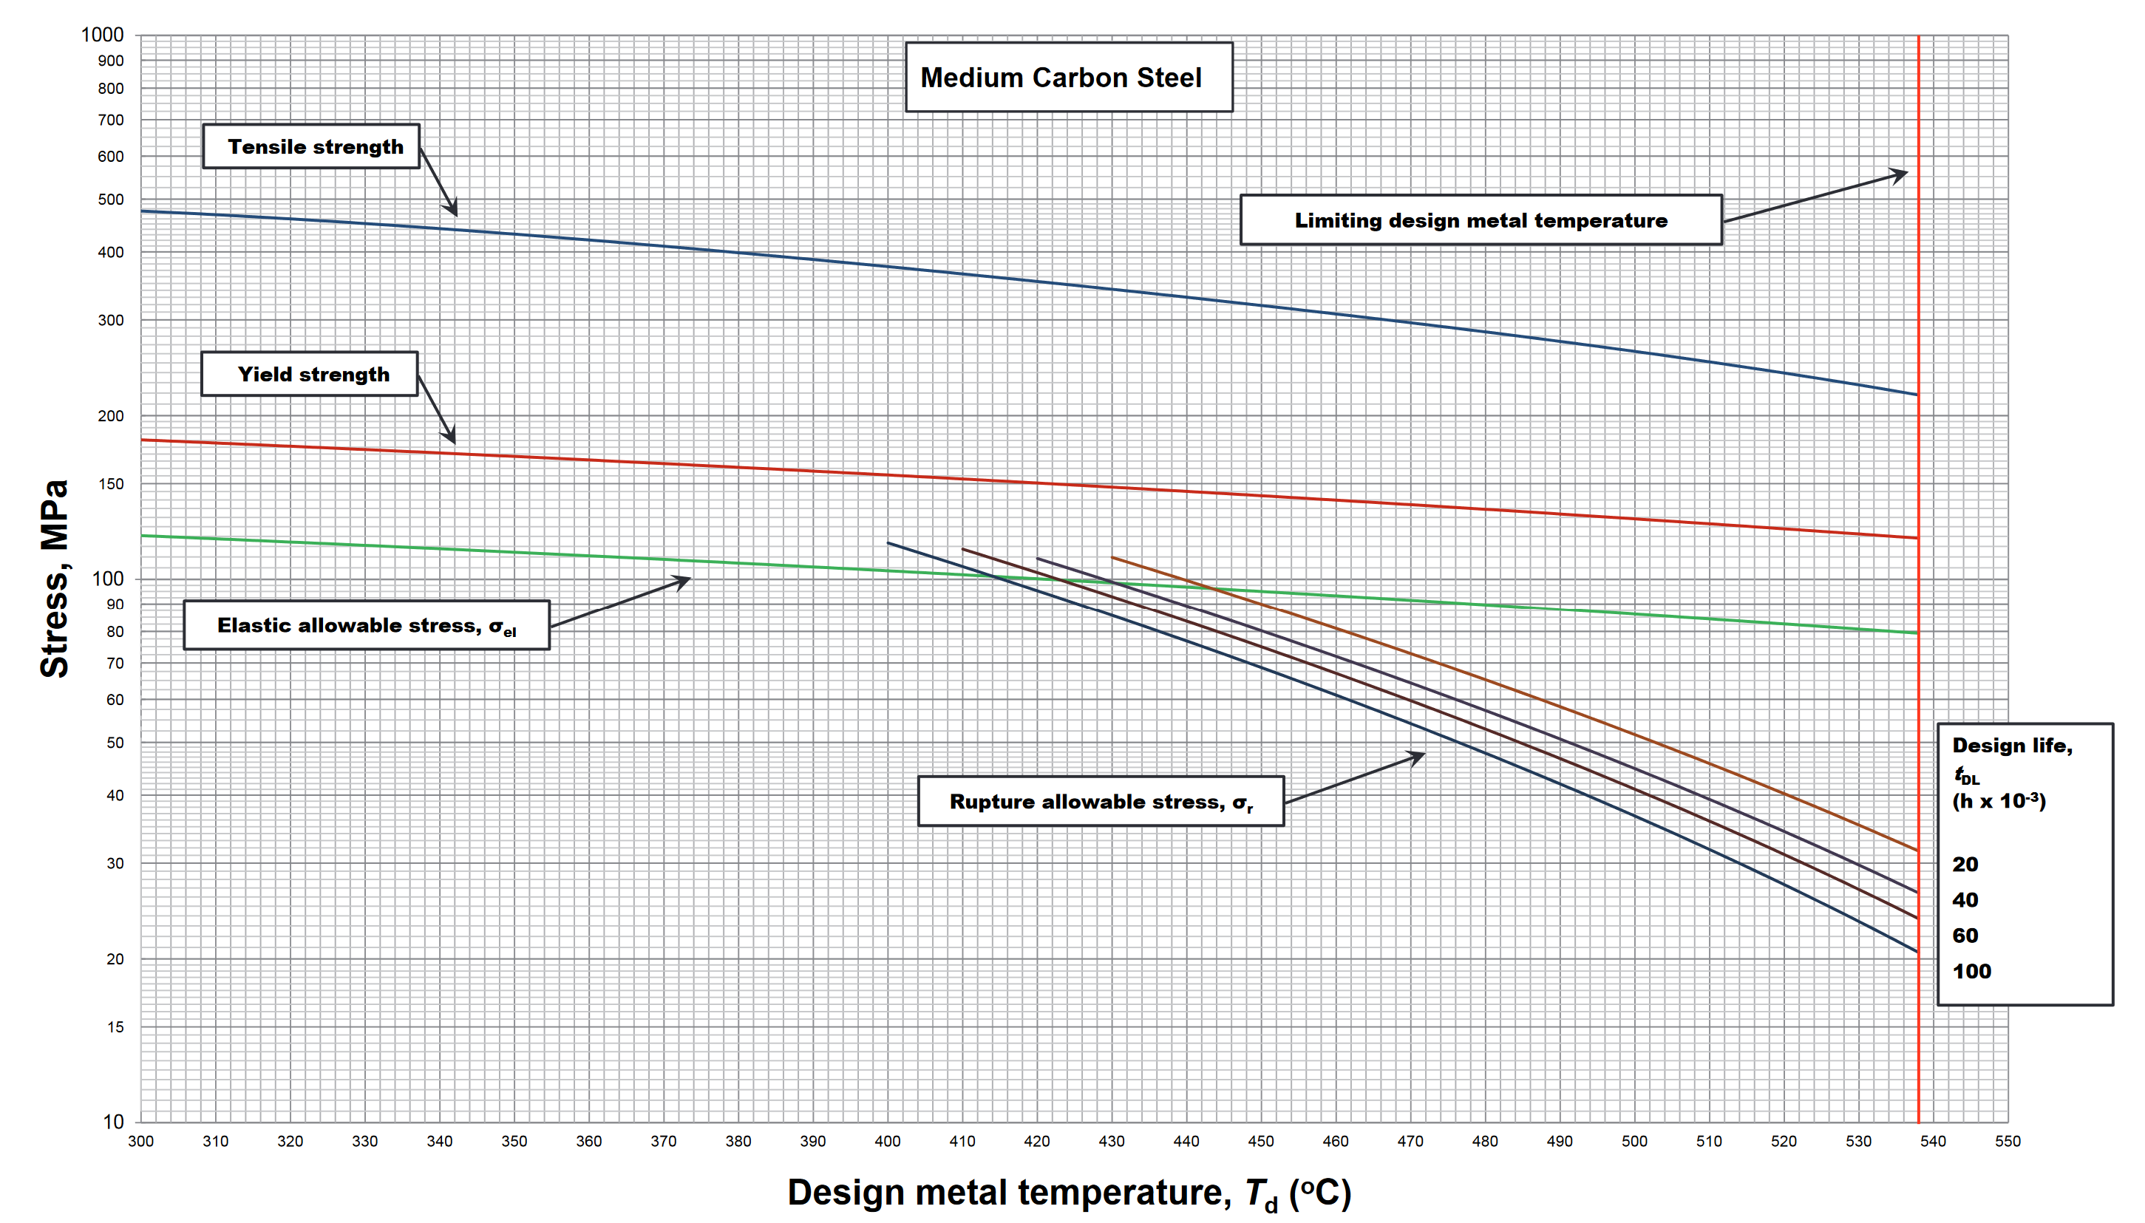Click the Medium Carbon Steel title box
click(x=1068, y=78)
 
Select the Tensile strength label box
click(x=312, y=147)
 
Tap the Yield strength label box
click(x=310, y=374)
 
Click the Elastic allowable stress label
click(x=367, y=626)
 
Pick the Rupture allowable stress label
click(x=1101, y=803)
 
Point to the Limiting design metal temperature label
click(x=1481, y=221)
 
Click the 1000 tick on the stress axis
click(x=103, y=35)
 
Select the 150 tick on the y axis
click(x=110, y=485)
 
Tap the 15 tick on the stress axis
click(x=115, y=1027)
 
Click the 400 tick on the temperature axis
click(x=887, y=1142)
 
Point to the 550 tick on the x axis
click(x=2008, y=1142)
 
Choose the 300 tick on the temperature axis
click(x=140, y=1142)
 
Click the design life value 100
click(x=1971, y=972)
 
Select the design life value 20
click(x=1965, y=865)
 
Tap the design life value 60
click(x=1965, y=936)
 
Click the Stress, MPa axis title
click(x=55, y=579)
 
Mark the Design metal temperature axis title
click(x=1069, y=1193)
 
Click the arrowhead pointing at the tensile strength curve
click(x=453, y=210)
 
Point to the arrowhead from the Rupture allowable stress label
click(x=1419, y=756)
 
